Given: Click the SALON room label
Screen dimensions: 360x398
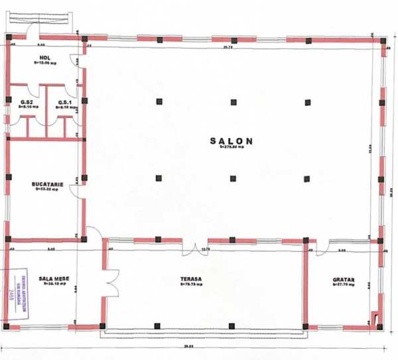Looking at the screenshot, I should coord(231,141).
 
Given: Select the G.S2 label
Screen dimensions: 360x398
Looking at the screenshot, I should coord(27,101).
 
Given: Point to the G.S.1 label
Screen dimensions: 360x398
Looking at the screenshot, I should coord(64,101).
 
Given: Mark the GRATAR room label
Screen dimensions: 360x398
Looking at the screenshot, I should coord(344,280).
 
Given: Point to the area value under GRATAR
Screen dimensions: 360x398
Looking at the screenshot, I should coord(344,286).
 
